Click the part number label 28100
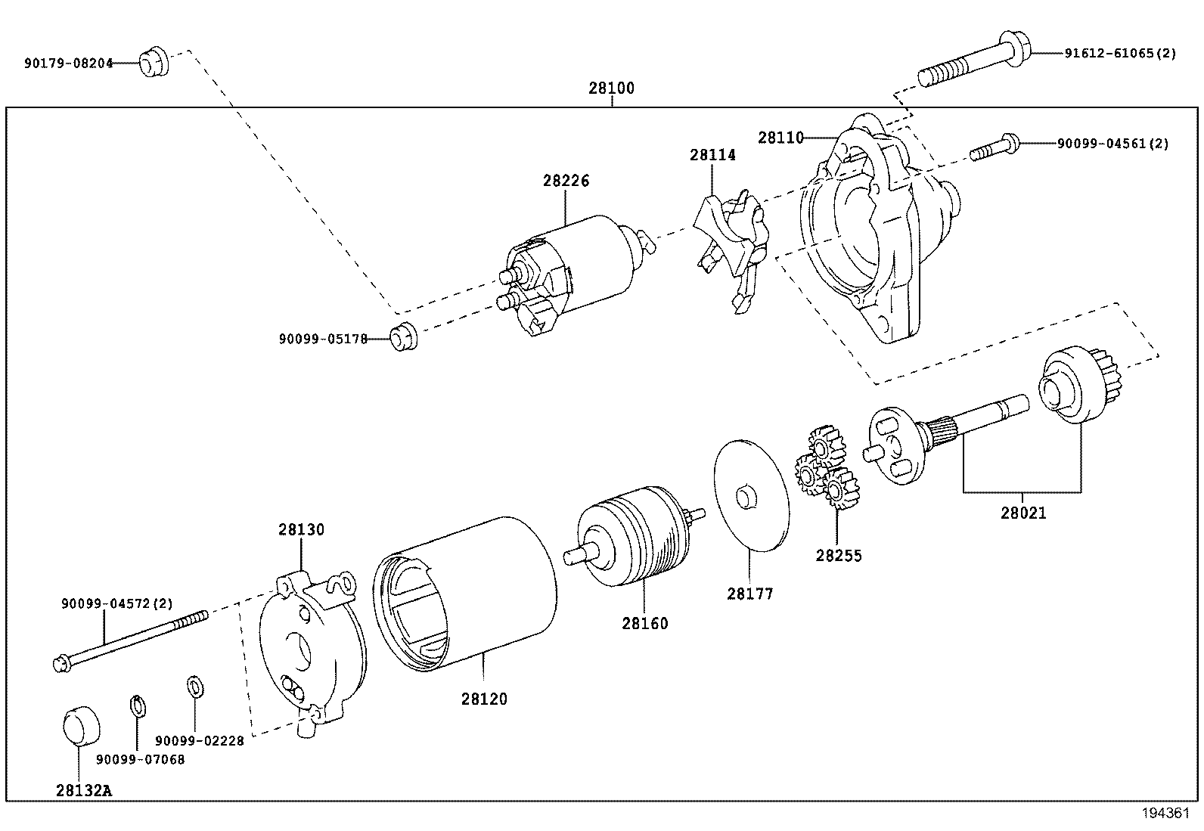tap(611, 88)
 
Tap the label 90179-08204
tap(67, 64)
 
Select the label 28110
tap(781, 138)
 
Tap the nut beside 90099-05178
tap(404, 337)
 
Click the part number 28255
tap(838, 556)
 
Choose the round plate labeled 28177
tap(751, 495)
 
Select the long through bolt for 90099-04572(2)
tap(132, 640)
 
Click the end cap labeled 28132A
tap(80, 725)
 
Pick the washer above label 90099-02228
tap(194, 687)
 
